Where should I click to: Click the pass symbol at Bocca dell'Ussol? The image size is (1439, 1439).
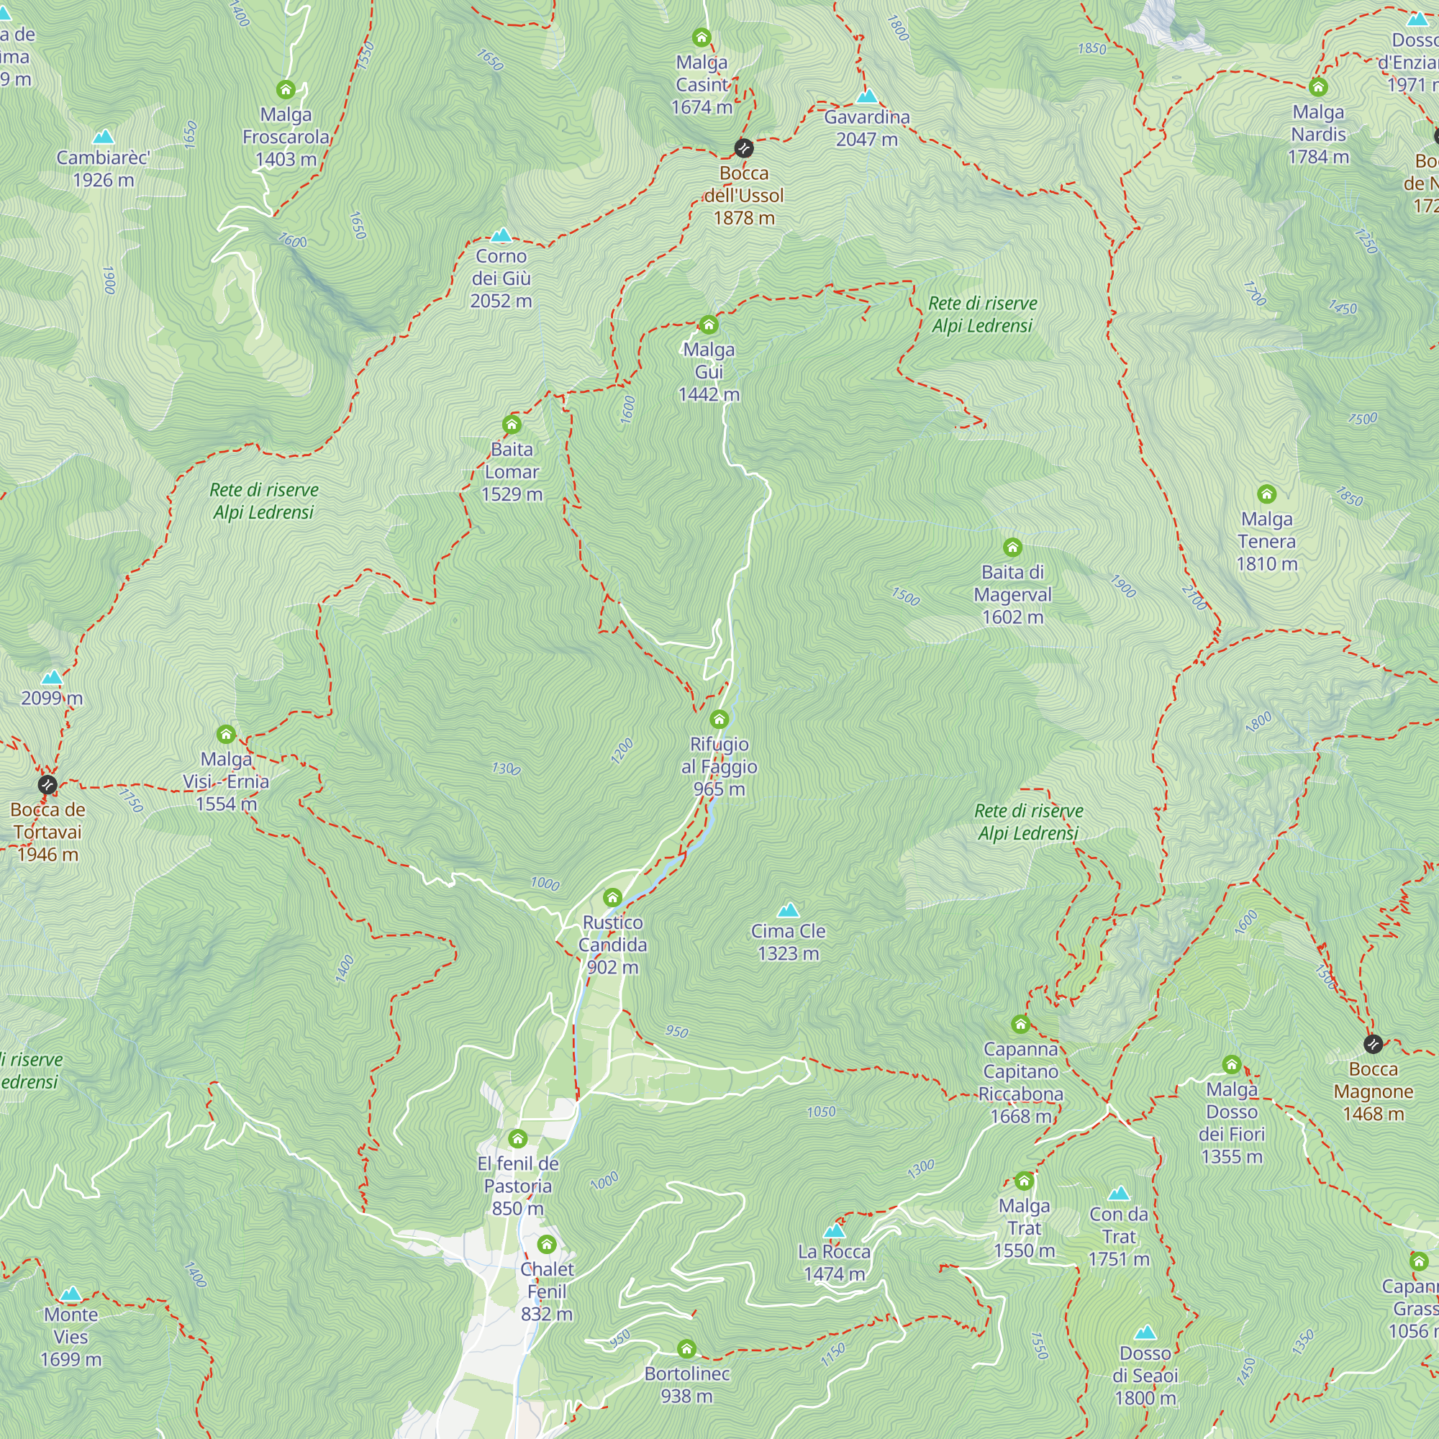[743, 148]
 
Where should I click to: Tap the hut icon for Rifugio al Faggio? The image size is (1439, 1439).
[719, 719]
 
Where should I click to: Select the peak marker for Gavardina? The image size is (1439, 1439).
[867, 96]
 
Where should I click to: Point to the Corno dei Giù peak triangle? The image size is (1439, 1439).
[501, 235]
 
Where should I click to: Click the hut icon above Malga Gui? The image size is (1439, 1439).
[708, 324]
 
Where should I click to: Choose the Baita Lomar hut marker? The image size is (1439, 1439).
[512, 425]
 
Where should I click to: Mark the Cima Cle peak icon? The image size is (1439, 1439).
[788, 910]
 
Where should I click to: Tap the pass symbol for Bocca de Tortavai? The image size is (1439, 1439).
[47, 784]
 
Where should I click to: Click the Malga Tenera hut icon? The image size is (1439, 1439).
[1267, 494]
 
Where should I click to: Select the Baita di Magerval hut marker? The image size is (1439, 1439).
[1012, 548]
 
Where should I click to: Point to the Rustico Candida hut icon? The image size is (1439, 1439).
[612, 896]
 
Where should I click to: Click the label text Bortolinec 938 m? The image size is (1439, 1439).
[686, 1384]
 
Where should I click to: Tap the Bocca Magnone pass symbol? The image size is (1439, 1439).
[1374, 1044]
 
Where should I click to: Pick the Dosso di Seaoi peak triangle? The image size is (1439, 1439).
[1145, 1332]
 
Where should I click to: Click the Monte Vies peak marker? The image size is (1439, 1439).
[71, 1294]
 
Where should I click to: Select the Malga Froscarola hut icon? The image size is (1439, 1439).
[286, 90]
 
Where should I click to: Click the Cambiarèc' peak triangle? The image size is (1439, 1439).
[104, 136]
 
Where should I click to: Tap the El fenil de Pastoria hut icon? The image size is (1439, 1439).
[517, 1138]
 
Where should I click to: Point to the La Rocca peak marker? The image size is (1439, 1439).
[834, 1230]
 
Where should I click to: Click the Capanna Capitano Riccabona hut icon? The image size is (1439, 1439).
[1020, 1024]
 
